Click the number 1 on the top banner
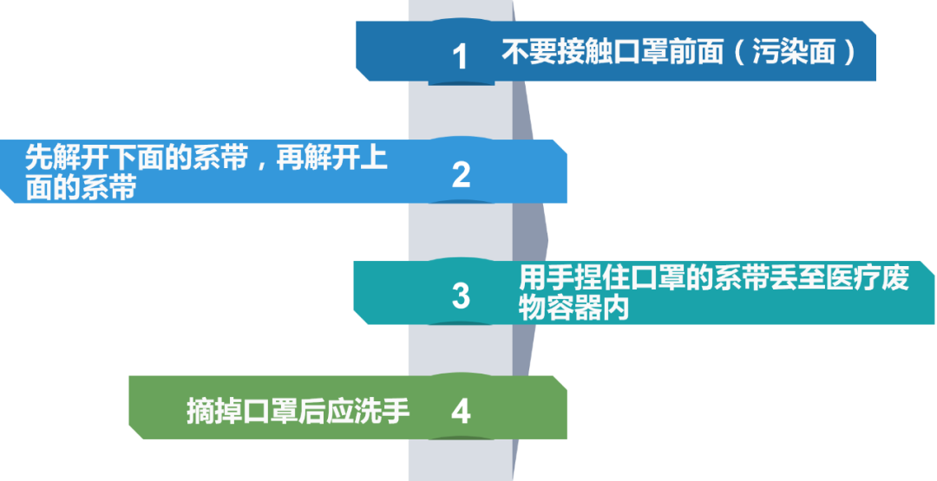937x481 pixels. [460, 57]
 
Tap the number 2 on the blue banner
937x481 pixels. [461, 175]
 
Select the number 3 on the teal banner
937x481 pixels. [461, 296]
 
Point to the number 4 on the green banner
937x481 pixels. [461, 411]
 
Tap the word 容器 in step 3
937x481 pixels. [573, 309]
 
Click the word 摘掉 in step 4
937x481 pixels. [214, 411]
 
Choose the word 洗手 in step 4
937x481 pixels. [381, 411]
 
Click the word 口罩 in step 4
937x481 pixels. [270, 411]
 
